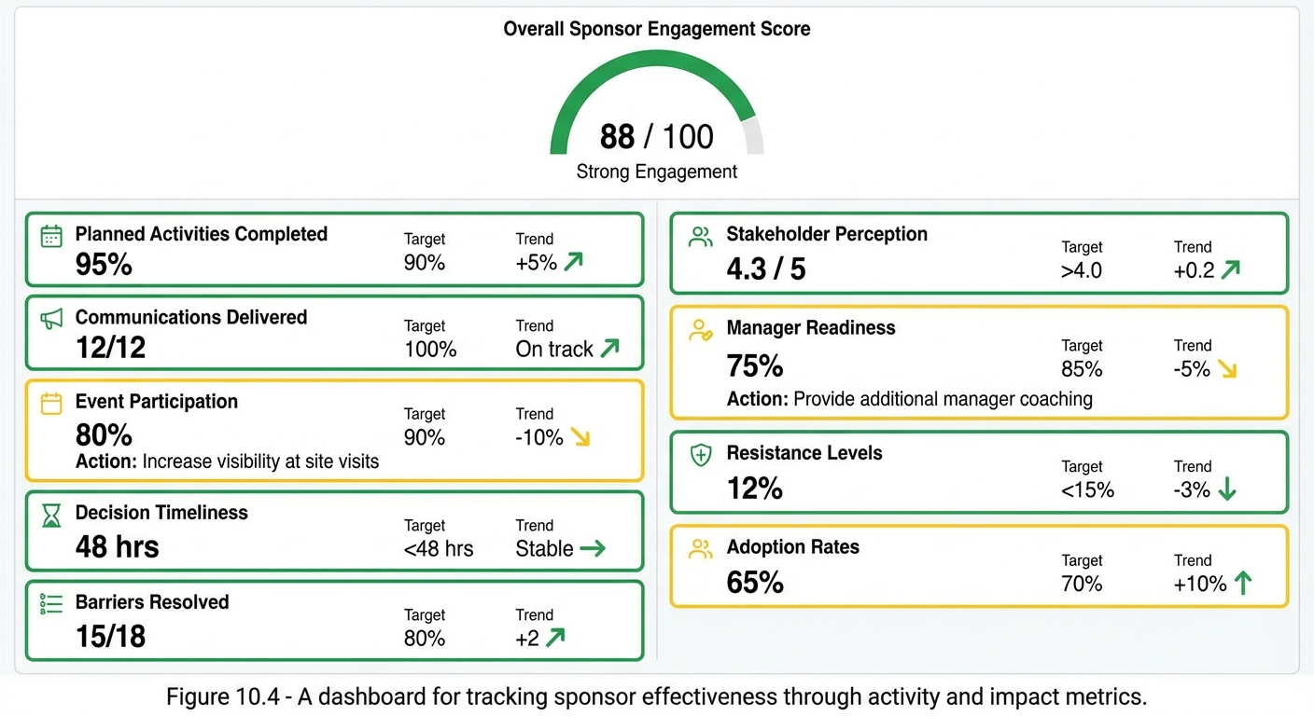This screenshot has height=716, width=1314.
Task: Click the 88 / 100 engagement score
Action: pos(656,137)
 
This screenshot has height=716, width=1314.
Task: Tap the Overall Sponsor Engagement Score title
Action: pos(656,29)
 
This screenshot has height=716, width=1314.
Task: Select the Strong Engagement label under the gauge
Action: pos(656,172)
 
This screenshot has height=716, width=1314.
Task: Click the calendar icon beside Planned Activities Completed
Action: pos(51,236)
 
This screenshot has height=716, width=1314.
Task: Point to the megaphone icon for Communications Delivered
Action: pos(51,319)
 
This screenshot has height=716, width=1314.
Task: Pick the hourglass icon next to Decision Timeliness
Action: pos(51,515)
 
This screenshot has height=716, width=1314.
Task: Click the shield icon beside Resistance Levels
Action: pos(700,455)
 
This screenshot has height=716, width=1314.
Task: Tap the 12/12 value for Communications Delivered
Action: pos(110,348)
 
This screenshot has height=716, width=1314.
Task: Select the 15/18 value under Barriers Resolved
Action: pos(110,637)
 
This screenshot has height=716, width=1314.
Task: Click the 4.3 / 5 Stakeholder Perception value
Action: pos(765,269)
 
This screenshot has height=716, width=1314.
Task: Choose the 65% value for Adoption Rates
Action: pos(755,583)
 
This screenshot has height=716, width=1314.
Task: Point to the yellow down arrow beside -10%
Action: pos(580,437)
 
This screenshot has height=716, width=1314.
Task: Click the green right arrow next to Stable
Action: pos(593,549)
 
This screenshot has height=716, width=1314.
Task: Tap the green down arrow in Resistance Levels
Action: pos(1227,489)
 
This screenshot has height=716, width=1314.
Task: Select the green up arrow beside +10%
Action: pos(1242,584)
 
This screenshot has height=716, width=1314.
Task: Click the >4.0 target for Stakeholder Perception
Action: pos(1082,270)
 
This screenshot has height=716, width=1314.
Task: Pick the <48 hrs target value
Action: pos(438,549)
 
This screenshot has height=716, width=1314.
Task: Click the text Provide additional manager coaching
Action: pos(943,399)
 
